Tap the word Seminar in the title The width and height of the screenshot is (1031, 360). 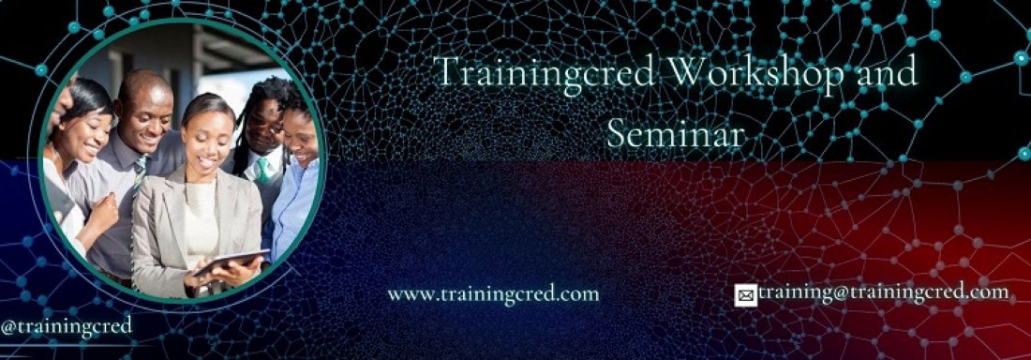676,133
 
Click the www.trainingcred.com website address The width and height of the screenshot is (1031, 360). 493,293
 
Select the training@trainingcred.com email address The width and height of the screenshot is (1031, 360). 884,292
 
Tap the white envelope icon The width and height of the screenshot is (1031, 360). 746,296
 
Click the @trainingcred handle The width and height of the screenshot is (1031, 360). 67,326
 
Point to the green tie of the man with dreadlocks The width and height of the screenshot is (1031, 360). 263,170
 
